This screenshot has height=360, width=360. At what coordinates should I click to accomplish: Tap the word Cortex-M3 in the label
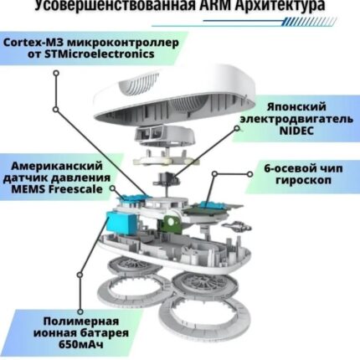33,43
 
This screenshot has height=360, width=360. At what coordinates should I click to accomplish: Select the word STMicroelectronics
100,54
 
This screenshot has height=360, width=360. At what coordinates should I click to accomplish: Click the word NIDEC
296,131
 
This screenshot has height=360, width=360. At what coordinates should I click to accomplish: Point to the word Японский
296,107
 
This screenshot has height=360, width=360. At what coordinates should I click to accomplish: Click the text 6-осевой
288,168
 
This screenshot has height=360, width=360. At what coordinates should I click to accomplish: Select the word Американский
57,166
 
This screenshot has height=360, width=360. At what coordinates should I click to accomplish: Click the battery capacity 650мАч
81,344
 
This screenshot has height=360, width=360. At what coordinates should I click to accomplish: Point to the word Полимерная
81,321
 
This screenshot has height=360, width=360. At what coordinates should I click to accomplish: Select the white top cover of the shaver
175,94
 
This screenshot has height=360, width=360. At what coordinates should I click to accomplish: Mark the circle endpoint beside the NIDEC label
237,128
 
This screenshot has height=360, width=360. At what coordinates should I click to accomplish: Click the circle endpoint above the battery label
80,311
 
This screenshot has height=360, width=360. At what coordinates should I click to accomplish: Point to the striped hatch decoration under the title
308,22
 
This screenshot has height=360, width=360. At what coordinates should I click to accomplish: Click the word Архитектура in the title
280,6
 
